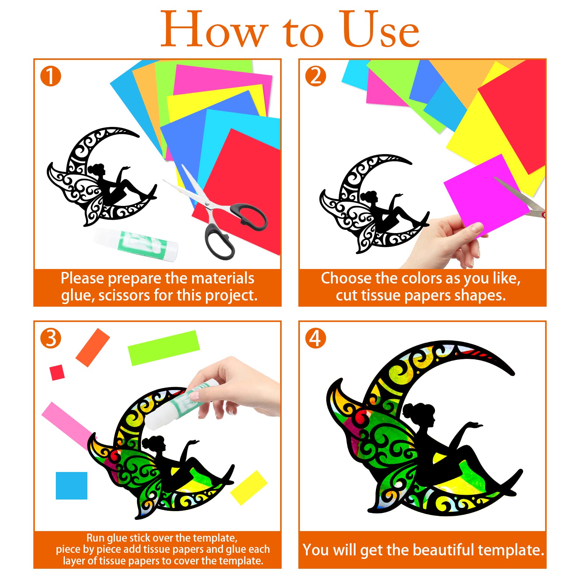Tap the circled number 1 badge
[x=50, y=76]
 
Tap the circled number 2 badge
[x=315, y=76]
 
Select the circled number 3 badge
[x=50, y=338]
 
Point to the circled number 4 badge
[x=315, y=338]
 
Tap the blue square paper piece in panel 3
[x=71, y=485]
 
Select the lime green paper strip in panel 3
[x=163, y=348]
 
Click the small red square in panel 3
[x=57, y=373]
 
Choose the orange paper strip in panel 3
[x=92, y=348]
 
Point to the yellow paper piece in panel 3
[x=249, y=488]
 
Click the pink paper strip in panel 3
[x=67, y=424]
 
